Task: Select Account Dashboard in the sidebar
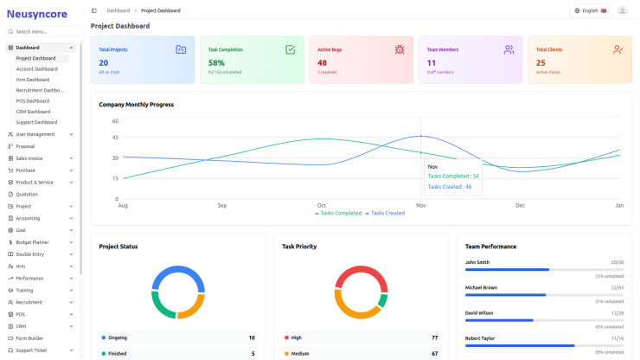point(36,68)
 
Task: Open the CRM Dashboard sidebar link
point(33,112)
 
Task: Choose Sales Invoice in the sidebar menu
point(29,158)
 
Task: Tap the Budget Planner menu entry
point(32,242)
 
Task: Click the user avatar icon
point(623,10)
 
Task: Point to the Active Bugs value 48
point(322,62)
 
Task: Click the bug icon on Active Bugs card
point(399,50)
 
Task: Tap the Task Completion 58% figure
point(216,62)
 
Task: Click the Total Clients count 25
point(541,62)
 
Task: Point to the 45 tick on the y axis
point(115,137)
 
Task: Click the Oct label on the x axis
point(322,205)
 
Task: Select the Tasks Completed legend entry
point(338,213)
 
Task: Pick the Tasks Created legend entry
point(385,213)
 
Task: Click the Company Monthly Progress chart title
point(137,105)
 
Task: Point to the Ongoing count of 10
point(252,337)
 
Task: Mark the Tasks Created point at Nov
point(421,136)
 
